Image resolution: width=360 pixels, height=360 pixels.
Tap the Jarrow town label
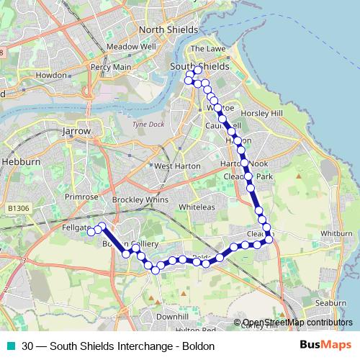coord(77,132)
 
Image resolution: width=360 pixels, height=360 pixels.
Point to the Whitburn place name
coord(336,234)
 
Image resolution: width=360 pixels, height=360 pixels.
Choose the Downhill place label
coord(171,316)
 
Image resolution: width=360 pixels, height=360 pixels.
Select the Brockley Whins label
coord(140,199)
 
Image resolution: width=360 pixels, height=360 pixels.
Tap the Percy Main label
coord(111,67)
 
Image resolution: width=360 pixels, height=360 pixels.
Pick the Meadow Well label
coord(131,46)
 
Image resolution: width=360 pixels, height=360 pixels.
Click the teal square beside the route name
coord(11,346)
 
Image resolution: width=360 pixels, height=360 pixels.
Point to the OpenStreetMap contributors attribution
coord(297,323)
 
